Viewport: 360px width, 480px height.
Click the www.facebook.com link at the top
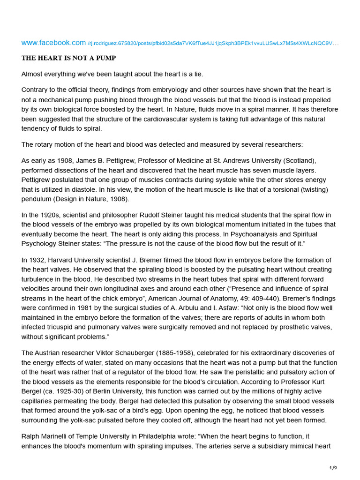point(53,43)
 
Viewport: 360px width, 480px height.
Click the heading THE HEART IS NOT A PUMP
point(68,58)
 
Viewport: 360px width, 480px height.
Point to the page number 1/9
point(333,468)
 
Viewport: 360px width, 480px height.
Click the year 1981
point(106,307)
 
